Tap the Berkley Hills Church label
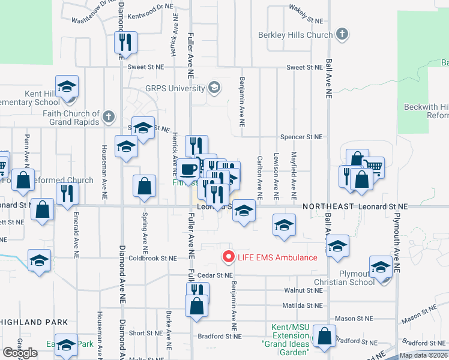coord(295,35)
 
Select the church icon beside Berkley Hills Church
coord(342,34)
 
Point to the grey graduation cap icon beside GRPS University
coord(213,88)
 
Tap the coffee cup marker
coord(188,169)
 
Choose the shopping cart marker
coord(373,167)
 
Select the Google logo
coord(20,352)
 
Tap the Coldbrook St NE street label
coord(153,258)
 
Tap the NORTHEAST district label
coord(328,206)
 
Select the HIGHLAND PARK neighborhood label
coord(34,322)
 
